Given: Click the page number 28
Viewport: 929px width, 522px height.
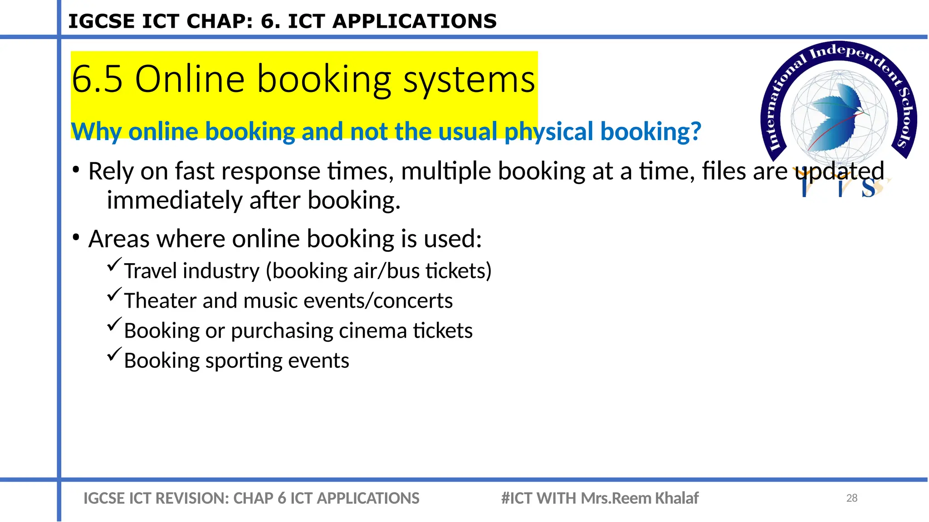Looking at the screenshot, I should coord(851,498).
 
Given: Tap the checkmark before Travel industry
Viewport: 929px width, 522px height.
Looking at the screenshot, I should coord(114,264).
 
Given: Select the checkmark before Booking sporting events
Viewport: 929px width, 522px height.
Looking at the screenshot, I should coord(114,354).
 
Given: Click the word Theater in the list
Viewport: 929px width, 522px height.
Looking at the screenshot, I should coord(160,301).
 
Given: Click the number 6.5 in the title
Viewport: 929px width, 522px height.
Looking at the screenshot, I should coord(97,79).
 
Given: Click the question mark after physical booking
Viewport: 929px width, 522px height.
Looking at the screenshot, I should coord(695,131).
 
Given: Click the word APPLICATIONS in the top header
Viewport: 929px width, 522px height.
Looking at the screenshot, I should coord(415,21).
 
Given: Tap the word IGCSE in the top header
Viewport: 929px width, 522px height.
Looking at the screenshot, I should coord(101,21).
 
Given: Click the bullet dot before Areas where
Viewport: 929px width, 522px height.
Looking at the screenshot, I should coord(76,237).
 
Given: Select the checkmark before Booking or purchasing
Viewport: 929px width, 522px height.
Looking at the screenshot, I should coord(114,324).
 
